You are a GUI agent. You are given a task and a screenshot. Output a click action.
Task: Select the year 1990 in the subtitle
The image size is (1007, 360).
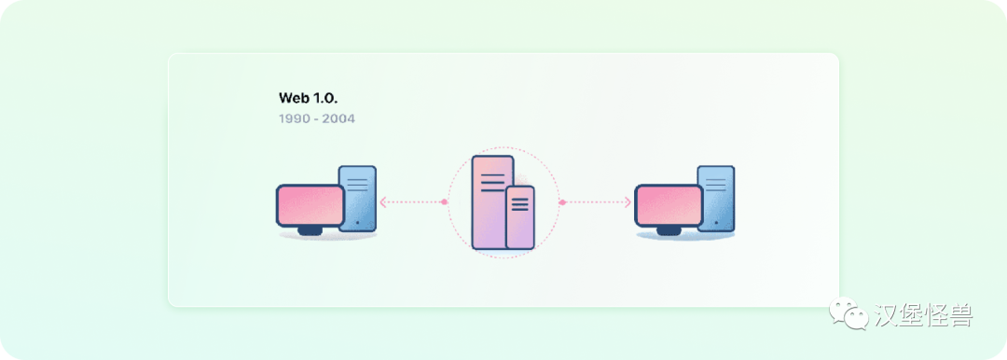coord(293,119)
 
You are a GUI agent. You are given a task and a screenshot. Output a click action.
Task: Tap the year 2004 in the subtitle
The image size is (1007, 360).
coord(338,119)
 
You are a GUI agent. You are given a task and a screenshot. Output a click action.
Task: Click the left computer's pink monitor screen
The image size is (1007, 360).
coord(310,205)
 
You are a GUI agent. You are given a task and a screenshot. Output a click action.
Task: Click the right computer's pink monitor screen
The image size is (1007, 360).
coord(669,205)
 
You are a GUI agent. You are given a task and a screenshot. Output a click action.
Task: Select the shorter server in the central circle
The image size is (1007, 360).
coord(520,217)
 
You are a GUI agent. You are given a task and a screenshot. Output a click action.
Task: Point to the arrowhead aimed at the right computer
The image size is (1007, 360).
coord(628,201)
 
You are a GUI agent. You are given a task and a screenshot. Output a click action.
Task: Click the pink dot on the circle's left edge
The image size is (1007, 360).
coord(445,201)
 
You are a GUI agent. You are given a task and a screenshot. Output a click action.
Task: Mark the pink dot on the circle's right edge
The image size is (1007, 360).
coord(562,201)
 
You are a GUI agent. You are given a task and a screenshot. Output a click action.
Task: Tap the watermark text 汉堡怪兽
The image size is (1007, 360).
coord(923,315)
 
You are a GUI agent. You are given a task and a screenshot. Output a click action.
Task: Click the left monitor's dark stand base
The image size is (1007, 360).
coord(309,230)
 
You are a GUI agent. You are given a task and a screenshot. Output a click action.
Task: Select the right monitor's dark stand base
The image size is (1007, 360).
coord(668,230)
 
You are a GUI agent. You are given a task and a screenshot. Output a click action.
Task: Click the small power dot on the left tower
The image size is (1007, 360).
coord(357,223)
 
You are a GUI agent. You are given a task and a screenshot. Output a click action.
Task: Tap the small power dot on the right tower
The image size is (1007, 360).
coord(715,223)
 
